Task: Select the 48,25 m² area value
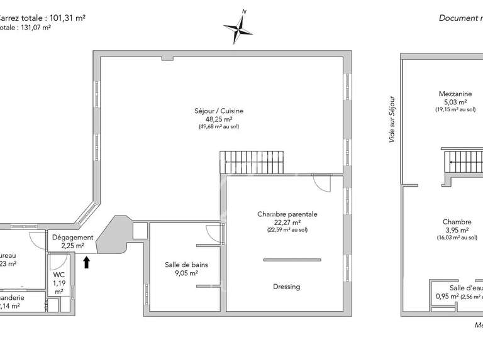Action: [219, 119]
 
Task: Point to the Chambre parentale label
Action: [287, 214]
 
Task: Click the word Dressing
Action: [287, 287]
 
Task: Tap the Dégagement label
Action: [73, 238]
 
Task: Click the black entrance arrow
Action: [87, 262]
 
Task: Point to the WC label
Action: [58, 275]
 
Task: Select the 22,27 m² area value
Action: [287, 222]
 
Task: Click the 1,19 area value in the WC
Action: [58, 283]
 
